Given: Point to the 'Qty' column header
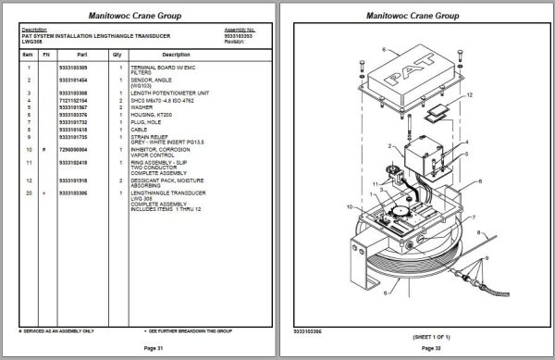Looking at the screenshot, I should point(117,55).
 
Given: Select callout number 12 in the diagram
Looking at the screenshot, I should point(470,94).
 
